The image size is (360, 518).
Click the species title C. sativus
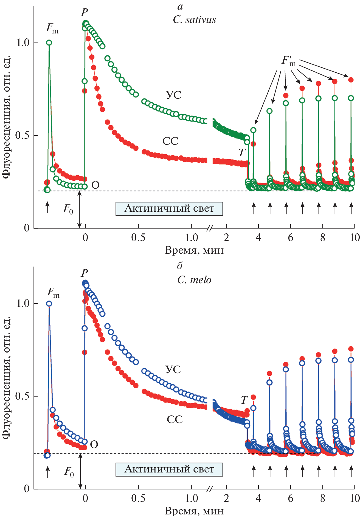click(194, 20)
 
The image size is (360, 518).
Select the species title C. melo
click(194, 280)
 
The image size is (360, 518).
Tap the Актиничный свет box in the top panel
click(169, 209)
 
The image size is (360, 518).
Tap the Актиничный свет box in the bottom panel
click(169, 469)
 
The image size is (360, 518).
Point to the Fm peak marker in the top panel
click(49, 43)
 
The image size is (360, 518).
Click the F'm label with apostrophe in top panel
click(289, 61)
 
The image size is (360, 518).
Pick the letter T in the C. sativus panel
click(241, 153)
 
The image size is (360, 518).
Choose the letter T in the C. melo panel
click(244, 400)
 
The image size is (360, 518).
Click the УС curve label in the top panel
click(173, 95)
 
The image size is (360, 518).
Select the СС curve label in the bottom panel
click(175, 420)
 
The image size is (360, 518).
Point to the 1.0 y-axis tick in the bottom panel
click(23, 304)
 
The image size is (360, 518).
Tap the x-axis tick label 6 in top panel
click(290, 237)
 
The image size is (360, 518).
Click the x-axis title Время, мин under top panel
click(194, 250)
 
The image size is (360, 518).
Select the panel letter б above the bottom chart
click(180, 266)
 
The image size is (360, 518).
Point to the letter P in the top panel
click(84, 12)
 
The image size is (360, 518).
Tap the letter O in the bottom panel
click(94, 445)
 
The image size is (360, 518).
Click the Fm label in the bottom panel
click(53, 292)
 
